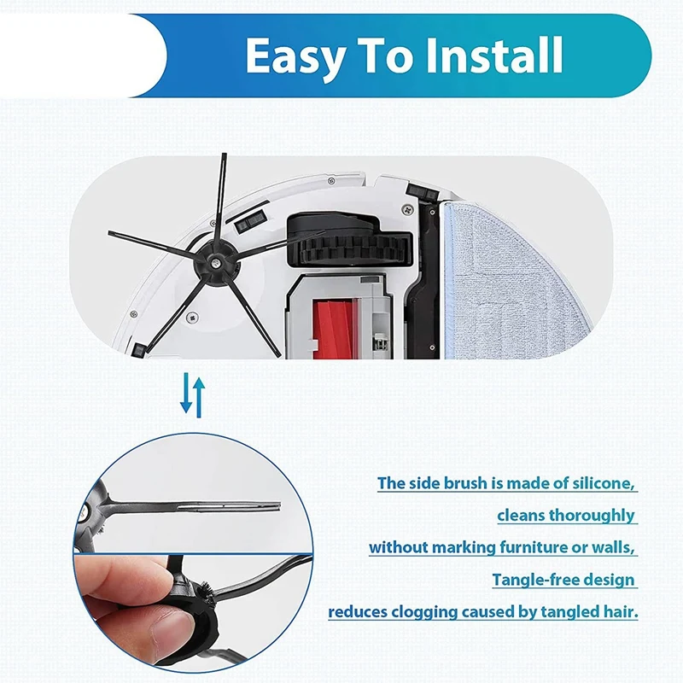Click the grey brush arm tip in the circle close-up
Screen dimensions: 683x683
tap(273, 504)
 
